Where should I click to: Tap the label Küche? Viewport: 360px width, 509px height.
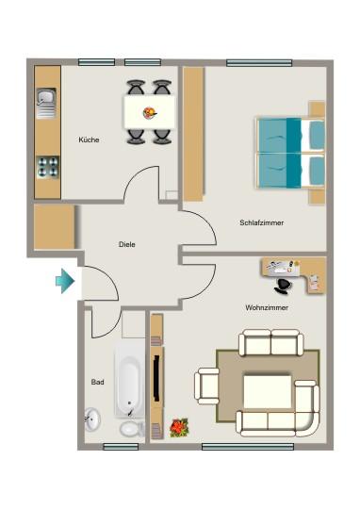[x=90, y=140]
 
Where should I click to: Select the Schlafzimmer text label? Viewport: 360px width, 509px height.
[x=262, y=222]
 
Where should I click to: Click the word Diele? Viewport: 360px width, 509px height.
[x=127, y=244]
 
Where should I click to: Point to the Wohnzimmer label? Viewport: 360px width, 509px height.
[x=267, y=307]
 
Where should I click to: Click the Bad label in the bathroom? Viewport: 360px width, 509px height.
[x=97, y=383]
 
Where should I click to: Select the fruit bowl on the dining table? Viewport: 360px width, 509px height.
[x=150, y=113]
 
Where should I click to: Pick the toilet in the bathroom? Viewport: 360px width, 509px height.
[x=130, y=429]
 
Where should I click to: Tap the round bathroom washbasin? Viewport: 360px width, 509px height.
[x=92, y=419]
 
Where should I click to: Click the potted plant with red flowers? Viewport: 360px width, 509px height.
[x=178, y=428]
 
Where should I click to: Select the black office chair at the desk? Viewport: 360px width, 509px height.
[x=284, y=282]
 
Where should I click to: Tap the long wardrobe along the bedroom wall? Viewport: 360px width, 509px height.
[x=193, y=133]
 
